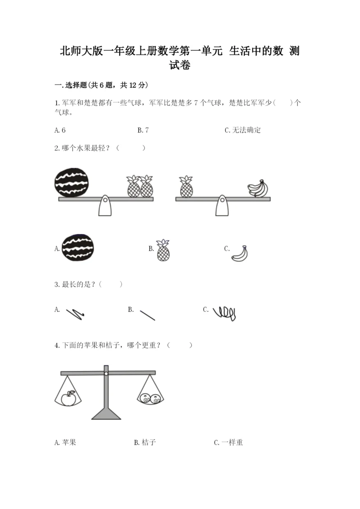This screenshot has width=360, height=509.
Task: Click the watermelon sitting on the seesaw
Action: click(x=72, y=183)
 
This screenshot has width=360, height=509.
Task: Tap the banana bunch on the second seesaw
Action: click(x=258, y=189)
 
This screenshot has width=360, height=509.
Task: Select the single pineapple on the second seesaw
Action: click(x=186, y=187)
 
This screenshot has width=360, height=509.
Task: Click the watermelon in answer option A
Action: click(x=77, y=248)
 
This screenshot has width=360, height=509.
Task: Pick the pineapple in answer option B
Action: click(x=163, y=250)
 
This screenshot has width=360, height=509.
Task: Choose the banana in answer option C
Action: click(x=240, y=253)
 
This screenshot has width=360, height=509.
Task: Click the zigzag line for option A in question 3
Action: click(x=75, y=314)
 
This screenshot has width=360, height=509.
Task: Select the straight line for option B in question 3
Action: click(x=148, y=315)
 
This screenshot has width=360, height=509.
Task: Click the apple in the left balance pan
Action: click(x=68, y=398)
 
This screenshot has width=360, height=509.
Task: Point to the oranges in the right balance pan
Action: click(x=150, y=398)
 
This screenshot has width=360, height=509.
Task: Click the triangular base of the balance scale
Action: click(x=106, y=414)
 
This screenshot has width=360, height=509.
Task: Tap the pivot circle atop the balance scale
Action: click(x=106, y=374)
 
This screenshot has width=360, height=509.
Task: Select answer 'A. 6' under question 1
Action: click(x=60, y=130)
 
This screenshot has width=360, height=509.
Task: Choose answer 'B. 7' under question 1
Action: click(x=143, y=130)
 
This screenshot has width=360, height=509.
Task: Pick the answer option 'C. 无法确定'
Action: click(x=243, y=130)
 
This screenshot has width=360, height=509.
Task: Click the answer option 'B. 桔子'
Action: click(x=145, y=442)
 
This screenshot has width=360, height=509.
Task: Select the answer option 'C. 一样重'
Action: click(x=229, y=442)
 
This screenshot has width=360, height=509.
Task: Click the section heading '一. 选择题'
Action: click(x=71, y=85)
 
